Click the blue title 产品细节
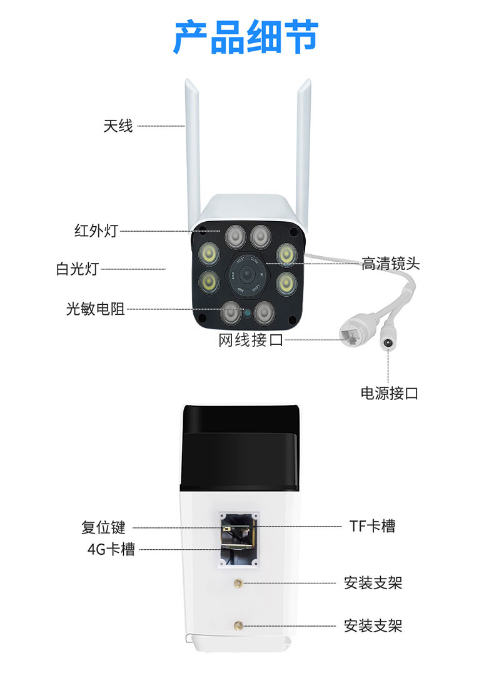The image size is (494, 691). pos(246,37)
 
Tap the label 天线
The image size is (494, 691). pos(118,126)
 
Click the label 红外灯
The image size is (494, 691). pos(96,231)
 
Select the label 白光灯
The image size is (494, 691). pos(77,269)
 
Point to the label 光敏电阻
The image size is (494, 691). pos(95,309)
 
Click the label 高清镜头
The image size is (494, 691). pos(391,264)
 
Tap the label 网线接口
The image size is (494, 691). pos(251,341)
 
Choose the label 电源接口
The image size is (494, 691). pos(389,393)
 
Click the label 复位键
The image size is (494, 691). pos(103,527)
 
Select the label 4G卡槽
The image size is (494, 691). pos(111,549)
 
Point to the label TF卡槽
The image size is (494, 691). pos(372,525)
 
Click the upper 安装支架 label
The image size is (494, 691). pos(373,583)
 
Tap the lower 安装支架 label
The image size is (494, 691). pos(373,626)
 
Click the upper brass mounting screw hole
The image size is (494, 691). pos(238,584)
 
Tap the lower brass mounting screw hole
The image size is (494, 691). pos(238,625)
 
